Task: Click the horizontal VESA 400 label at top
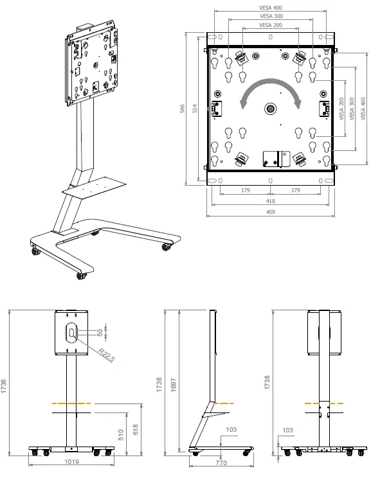click(x=270, y=8)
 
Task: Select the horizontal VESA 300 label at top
click(x=271, y=16)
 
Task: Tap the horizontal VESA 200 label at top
click(x=270, y=25)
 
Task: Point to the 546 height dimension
click(x=183, y=109)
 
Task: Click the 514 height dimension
click(x=195, y=109)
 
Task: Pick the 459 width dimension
click(x=271, y=212)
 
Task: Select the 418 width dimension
click(x=271, y=201)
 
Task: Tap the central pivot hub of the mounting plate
click(x=270, y=108)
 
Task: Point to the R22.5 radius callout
click(x=106, y=355)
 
